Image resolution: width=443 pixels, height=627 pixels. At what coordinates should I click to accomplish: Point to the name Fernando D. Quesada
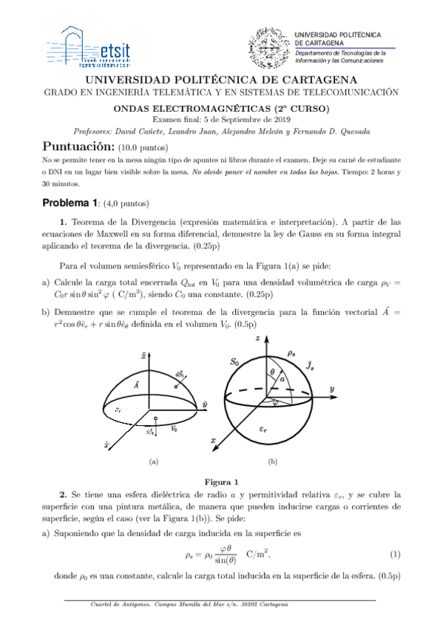tap(337, 131)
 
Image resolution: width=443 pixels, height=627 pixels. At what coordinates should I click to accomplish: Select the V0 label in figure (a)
tap(174, 427)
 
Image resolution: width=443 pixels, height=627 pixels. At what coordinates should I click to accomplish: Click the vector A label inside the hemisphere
tap(137, 385)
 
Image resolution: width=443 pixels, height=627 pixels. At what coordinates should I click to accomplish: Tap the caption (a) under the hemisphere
tap(155, 461)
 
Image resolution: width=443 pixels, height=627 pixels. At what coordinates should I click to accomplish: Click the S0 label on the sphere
tap(234, 362)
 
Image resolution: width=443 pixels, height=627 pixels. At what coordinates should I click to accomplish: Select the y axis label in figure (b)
tap(334, 388)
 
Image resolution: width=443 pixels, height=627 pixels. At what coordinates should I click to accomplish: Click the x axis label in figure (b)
tap(213, 440)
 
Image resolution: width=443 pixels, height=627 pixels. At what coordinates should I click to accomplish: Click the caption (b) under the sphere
tap(273, 461)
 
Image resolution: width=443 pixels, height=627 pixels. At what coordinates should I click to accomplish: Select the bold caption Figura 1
tap(221, 481)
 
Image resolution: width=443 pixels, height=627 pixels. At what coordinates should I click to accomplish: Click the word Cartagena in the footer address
tap(270, 604)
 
